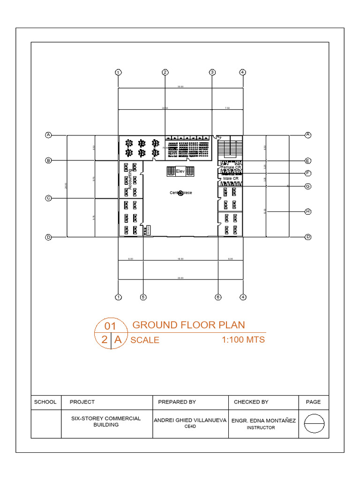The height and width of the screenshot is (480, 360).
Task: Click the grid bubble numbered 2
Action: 165,72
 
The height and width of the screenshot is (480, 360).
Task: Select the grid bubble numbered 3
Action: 212,72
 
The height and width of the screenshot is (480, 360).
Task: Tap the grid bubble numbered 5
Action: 143,297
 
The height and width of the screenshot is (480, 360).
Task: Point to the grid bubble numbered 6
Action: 218,297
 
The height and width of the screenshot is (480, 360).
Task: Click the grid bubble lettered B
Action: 48,160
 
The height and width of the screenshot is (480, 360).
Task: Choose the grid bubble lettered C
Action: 48,198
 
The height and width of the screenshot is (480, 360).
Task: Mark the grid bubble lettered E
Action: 308,160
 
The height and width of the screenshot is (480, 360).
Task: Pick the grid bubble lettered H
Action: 308,211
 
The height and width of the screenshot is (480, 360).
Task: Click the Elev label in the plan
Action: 180,171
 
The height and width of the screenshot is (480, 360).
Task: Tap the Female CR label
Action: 231,167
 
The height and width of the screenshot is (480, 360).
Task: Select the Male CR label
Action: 231,179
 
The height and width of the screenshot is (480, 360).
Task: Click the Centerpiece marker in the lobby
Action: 180,193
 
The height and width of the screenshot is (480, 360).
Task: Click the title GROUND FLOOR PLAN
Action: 188,325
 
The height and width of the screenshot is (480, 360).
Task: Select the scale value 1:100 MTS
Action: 243,339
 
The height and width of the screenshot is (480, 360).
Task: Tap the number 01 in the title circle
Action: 110,326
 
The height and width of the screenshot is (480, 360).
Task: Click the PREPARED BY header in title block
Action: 177,402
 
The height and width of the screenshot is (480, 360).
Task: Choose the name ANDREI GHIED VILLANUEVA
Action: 190,420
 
